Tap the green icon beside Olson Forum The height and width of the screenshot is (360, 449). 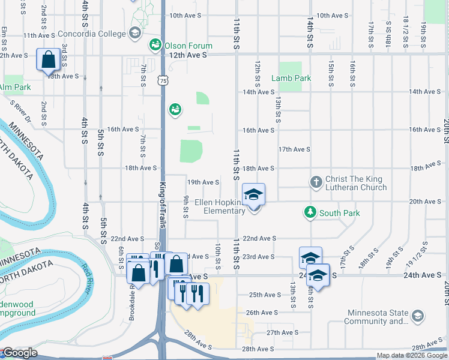pyautogui.click(x=155, y=45)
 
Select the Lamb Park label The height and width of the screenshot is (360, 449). pyautogui.click(x=291, y=78)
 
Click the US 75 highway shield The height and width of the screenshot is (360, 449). pyautogui.click(x=164, y=80)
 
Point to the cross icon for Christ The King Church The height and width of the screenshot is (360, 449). pyautogui.click(x=316, y=181)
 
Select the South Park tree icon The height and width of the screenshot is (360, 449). pyautogui.click(x=309, y=212)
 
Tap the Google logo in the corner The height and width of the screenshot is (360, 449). pyautogui.click(x=19, y=353)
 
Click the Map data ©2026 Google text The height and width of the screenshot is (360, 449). pyautogui.click(x=412, y=355)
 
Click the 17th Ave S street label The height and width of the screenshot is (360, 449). pyautogui.click(x=294, y=149)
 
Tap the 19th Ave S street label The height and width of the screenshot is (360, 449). pyautogui.click(x=203, y=182)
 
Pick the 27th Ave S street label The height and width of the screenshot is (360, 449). pyautogui.click(x=283, y=332)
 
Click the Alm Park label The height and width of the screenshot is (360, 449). pyautogui.click(x=14, y=88)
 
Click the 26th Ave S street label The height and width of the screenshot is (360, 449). pyautogui.click(x=262, y=313)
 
